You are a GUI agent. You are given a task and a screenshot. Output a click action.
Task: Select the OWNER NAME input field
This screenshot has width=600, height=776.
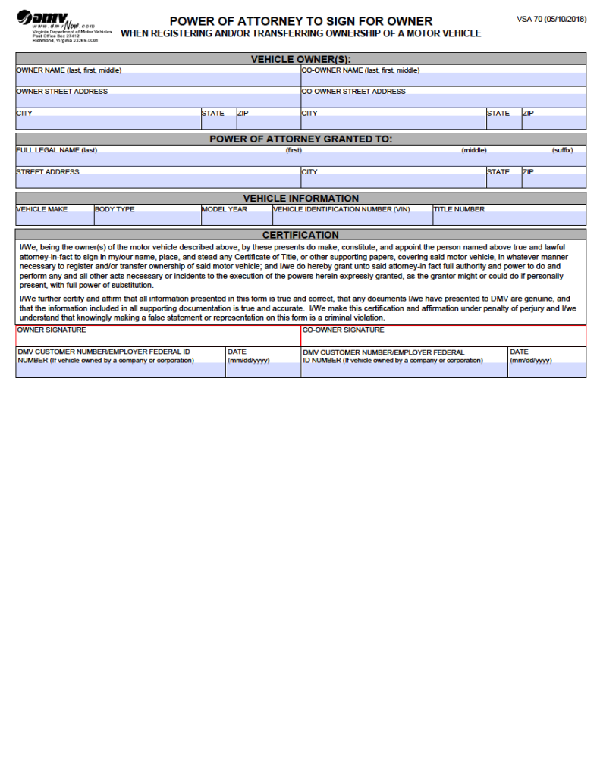click(x=158, y=80)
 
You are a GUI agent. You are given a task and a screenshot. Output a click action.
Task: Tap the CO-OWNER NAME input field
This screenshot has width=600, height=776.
click(x=443, y=80)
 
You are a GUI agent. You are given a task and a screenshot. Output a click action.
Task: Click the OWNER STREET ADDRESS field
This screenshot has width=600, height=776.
click(x=158, y=101)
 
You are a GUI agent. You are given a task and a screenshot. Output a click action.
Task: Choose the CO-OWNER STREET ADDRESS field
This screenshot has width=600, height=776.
click(x=443, y=101)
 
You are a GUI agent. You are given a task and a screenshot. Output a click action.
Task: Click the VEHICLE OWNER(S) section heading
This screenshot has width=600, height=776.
click(x=300, y=59)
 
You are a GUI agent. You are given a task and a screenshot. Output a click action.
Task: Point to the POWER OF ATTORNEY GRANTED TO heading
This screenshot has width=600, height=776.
click(x=300, y=139)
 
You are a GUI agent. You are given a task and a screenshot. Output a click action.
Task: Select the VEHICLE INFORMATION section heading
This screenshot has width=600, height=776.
click(x=300, y=199)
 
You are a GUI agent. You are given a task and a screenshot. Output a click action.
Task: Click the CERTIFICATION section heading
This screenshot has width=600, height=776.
click(x=300, y=235)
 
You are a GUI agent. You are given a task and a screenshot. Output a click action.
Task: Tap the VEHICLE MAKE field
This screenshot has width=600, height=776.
click(x=55, y=219)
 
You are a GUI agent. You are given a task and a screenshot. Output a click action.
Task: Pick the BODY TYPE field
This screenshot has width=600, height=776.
click(x=147, y=219)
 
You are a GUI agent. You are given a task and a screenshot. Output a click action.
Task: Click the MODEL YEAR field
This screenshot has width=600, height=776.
click(x=236, y=219)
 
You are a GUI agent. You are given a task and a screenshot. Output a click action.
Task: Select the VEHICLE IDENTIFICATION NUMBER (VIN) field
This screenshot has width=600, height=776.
click(x=352, y=219)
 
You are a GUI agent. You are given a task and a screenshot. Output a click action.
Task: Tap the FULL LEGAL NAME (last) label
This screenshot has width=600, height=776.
click(x=57, y=150)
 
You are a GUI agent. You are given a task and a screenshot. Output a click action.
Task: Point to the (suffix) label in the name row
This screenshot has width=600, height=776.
click(x=562, y=150)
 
